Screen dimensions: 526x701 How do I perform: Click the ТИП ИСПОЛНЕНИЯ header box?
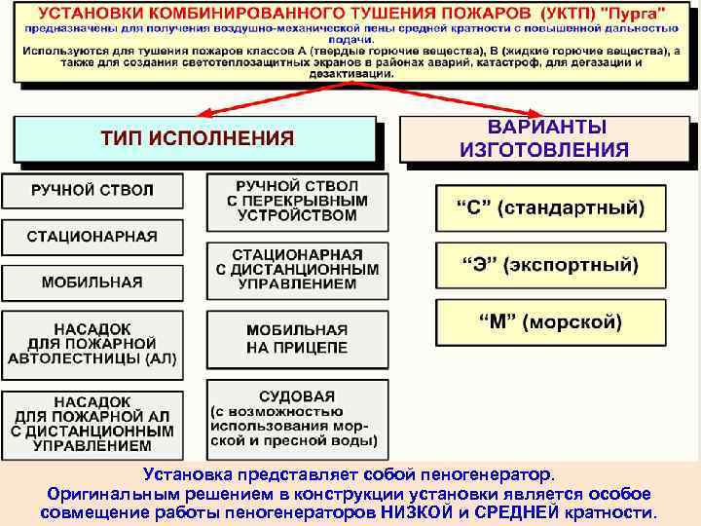195,138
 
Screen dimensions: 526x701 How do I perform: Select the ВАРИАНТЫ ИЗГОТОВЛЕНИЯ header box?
544,139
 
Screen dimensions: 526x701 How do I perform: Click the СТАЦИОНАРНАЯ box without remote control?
92,237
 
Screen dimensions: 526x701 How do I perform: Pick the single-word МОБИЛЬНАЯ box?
92,282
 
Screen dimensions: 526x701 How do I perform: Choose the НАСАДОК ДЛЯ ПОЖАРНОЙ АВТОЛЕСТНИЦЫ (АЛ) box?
92,343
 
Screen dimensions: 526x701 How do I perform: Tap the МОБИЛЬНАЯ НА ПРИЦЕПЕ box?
297,339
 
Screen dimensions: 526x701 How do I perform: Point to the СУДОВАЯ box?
297,419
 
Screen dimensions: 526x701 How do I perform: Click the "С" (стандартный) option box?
550,207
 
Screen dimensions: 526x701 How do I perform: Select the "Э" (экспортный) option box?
550,265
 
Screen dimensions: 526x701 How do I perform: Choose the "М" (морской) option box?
550,321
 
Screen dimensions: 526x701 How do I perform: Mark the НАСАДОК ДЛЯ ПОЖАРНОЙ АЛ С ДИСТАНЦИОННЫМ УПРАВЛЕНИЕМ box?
92,424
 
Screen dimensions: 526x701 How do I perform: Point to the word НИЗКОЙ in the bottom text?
424,512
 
